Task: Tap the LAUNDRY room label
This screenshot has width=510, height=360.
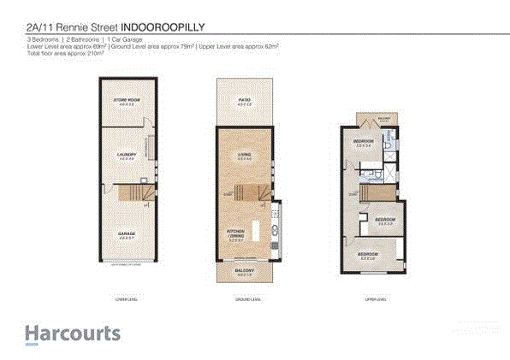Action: pyautogui.click(x=127, y=155)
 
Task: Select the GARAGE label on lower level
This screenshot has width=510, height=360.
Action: pyautogui.click(x=127, y=233)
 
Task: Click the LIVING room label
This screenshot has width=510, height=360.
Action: pyautogui.click(x=243, y=155)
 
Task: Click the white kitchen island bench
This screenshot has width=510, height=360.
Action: pyautogui.click(x=253, y=230)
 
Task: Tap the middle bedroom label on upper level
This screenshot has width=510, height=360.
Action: pyautogui.click(x=383, y=221)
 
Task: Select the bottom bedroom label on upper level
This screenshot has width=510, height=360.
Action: pyautogui.click(x=368, y=254)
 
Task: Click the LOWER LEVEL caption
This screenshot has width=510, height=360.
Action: pyautogui.click(x=127, y=300)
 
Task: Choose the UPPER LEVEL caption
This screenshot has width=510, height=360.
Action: pyautogui.click(x=375, y=300)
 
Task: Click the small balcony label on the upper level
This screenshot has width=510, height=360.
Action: pyautogui.click(x=384, y=121)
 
